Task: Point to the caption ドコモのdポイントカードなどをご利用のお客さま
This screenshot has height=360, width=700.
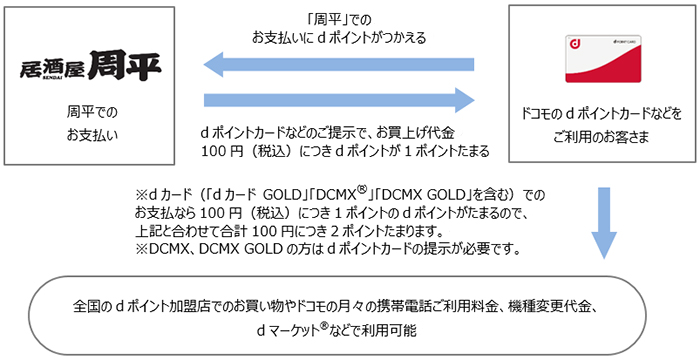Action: tap(597, 124)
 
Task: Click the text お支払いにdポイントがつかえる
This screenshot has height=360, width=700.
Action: tap(339, 37)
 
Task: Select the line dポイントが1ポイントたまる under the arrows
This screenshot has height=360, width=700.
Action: tap(345, 150)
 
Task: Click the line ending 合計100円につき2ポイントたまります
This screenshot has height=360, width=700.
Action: tap(300, 229)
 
